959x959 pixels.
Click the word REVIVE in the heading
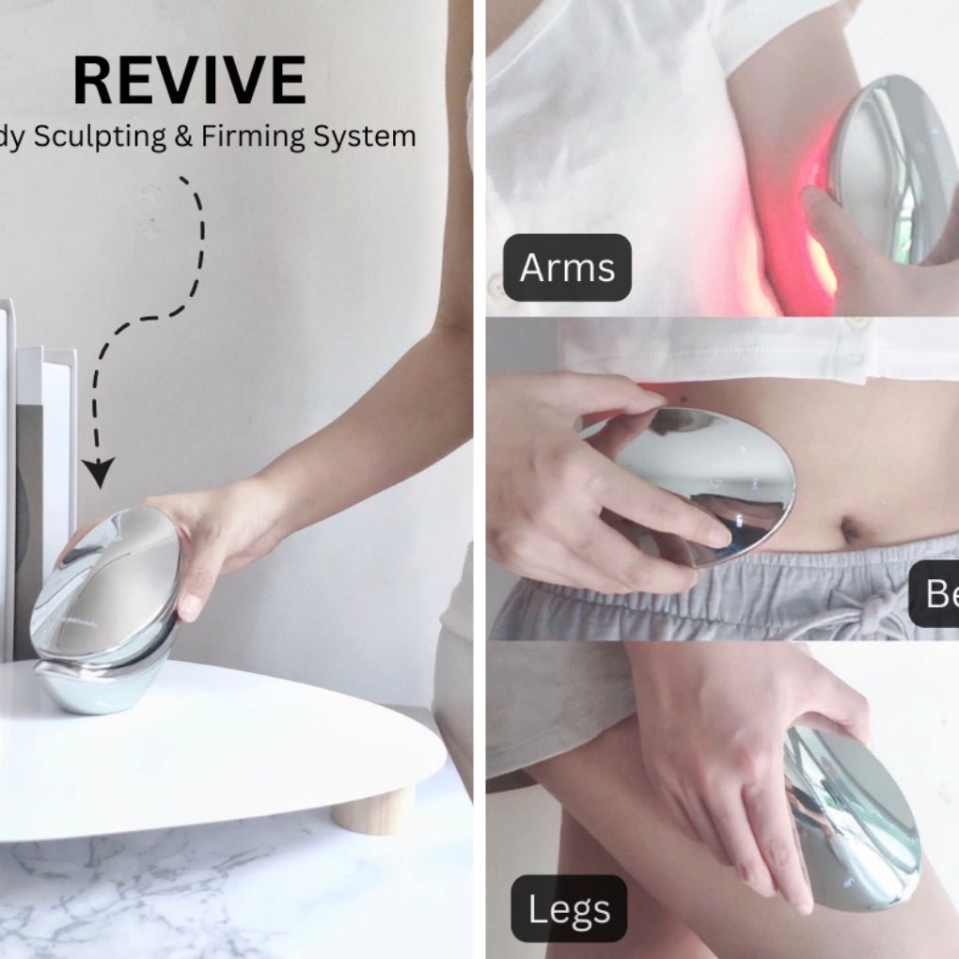click(189, 81)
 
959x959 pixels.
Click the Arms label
click(567, 268)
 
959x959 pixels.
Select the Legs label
click(569, 909)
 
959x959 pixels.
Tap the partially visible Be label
click(936, 594)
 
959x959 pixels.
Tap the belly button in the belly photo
click(852, 532)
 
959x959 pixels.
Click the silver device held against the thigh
click(851, 818)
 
